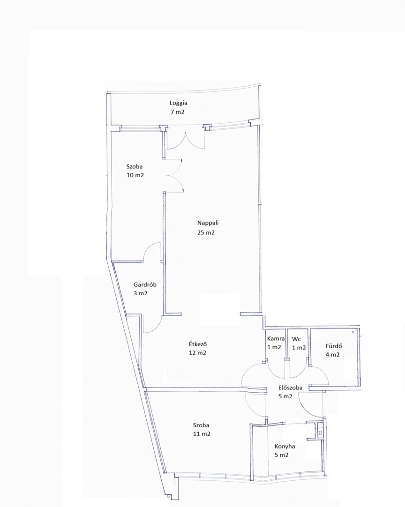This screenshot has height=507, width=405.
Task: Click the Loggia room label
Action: click(179, 103)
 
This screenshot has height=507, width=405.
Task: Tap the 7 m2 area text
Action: click(178, 112)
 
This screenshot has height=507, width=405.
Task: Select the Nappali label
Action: click(208, 223)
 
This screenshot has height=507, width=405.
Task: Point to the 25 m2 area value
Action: click(206, 232)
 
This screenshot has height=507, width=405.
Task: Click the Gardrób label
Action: click(145, 284)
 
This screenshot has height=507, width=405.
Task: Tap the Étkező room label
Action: click(198, 344)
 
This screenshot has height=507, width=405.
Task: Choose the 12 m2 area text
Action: click(197, 353)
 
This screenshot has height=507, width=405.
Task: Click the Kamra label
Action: click(276, 339)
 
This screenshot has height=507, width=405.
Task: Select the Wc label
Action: click(296, 339)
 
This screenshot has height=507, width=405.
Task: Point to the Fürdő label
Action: click(334, 346)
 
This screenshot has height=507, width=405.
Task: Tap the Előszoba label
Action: click(291, 388)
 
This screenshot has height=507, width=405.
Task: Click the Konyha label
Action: click(285, 446)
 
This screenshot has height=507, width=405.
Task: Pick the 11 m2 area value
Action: click(202, 434)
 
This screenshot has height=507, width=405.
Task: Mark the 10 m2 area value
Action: click(135, 176)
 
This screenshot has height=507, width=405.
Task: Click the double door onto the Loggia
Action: click(186, 140)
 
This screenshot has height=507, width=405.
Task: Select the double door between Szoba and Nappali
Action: click(175, 176)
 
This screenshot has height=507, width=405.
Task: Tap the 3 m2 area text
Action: click(141, 294)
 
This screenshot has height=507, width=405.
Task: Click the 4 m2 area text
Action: click(332, 355)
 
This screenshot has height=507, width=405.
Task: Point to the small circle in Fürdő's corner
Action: click(353, 332)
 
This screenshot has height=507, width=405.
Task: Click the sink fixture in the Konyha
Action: click(320, 431)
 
